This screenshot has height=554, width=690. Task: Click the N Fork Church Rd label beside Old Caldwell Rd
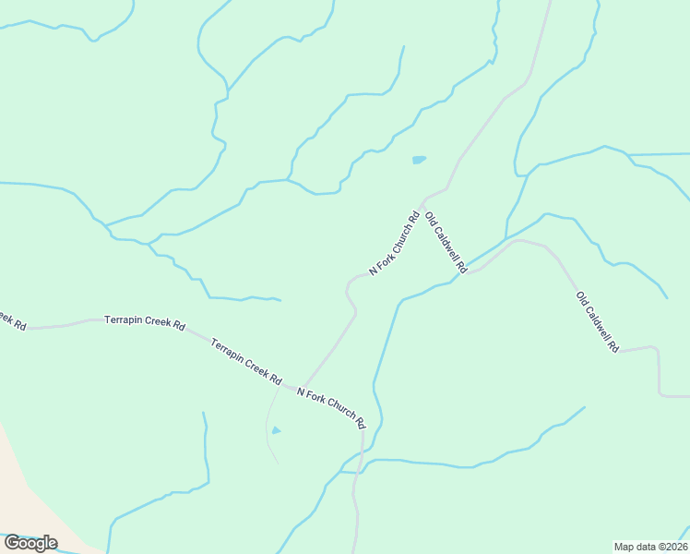(x=395, y=244)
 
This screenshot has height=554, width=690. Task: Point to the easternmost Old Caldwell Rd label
(x=597, y=322)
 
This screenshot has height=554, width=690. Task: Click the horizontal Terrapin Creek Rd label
(x=145, y=326)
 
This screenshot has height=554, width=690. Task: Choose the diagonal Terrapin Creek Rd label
(x=245, y=361)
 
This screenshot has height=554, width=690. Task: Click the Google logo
(x=30, y=543)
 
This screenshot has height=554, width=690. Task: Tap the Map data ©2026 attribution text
(x=651, y=547)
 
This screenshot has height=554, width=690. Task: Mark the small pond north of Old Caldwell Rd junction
(x=419, y=160)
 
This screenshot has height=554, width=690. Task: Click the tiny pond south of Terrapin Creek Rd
(x=276, y=430)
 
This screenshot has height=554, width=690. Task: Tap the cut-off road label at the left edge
(x=11, y=320)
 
